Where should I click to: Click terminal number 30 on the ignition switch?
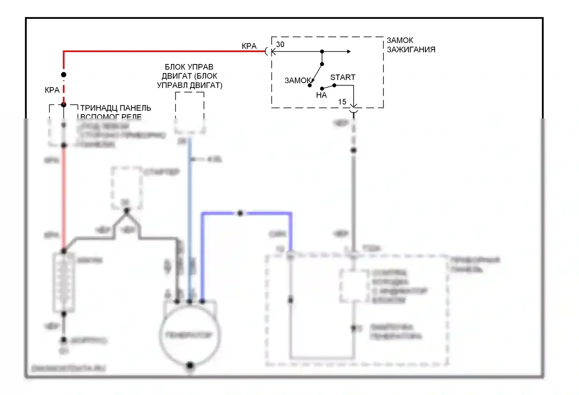(x=280, y=44)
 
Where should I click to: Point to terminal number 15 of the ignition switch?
(x=342, y=102)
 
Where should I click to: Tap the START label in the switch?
(x=342, y=77)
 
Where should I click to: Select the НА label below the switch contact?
(x=321, y=95)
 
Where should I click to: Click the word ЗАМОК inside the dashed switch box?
(x=298, y=81)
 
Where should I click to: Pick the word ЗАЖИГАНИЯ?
(x=411, y=50)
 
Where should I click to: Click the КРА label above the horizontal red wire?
(x=249, y=46)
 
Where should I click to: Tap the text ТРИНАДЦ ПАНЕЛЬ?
(x=115, y=108)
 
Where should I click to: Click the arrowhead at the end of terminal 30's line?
(x=349, y=51)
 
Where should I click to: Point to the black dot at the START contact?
(x=334, y=85)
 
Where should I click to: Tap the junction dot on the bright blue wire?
(x=240, y=213)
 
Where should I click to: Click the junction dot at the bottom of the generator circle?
(x=190, y=365)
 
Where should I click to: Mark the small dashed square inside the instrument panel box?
(x=353, y=286)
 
